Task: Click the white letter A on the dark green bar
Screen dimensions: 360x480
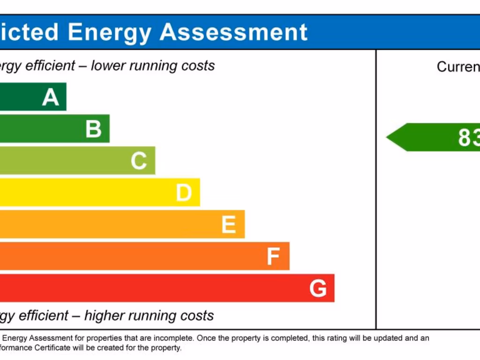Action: click(x=51, y=97)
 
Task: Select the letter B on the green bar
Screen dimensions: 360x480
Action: click(x=94, y=129)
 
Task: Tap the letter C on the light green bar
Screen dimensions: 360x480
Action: click(x=139, y=161)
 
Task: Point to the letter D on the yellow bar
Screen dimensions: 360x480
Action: click(x=184, y=193)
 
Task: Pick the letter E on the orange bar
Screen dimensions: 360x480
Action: click(x=229, y=225)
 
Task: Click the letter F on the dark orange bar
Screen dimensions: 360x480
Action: click(x=273, y=257)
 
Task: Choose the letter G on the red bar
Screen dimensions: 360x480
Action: click(x=318, y=289)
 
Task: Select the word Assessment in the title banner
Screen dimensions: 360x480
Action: click(x=233, y=32)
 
